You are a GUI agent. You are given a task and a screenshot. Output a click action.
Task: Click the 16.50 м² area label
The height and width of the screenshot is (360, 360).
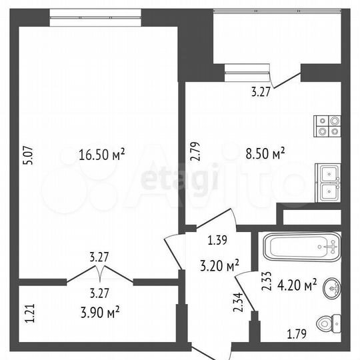point(102,155)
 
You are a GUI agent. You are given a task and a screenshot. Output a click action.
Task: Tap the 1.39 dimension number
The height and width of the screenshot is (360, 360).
point(217,241)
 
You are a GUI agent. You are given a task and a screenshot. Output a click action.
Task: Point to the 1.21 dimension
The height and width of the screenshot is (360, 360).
point(29,313)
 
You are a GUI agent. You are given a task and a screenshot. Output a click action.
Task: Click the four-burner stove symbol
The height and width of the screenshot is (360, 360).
point(327,126)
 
